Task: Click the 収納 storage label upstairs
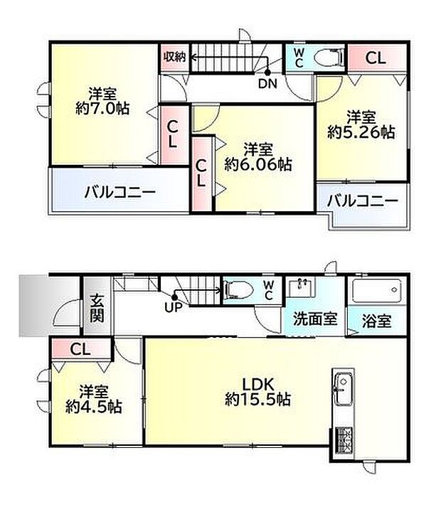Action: click(174, 58)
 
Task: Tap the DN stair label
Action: click(267, 84)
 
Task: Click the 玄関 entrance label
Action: click(97, 309)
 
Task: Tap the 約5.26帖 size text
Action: click(361, 131)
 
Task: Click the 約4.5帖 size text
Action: click(93, 407)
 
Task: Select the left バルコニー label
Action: click(119, 191)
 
